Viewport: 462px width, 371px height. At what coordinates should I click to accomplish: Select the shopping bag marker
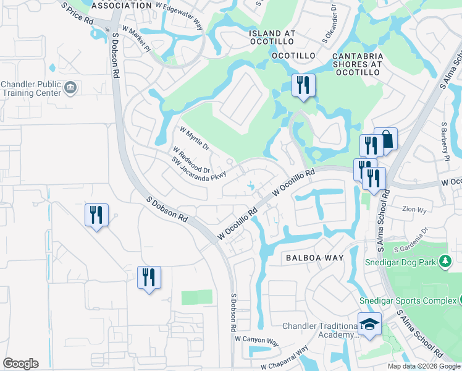coord(385,139)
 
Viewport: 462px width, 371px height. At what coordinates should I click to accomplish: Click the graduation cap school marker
coord(369,325)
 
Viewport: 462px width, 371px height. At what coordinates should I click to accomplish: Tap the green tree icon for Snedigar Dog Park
coord(444,262)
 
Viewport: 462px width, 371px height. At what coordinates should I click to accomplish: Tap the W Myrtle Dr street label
coord(195,140)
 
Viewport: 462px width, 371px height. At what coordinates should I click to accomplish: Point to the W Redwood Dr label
coord(192,160)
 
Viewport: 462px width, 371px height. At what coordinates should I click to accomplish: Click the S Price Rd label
coord(78,13)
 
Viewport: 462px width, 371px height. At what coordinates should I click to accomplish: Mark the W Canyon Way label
coord(256,339)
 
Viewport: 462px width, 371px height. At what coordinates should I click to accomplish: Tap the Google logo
coord(20,363)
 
